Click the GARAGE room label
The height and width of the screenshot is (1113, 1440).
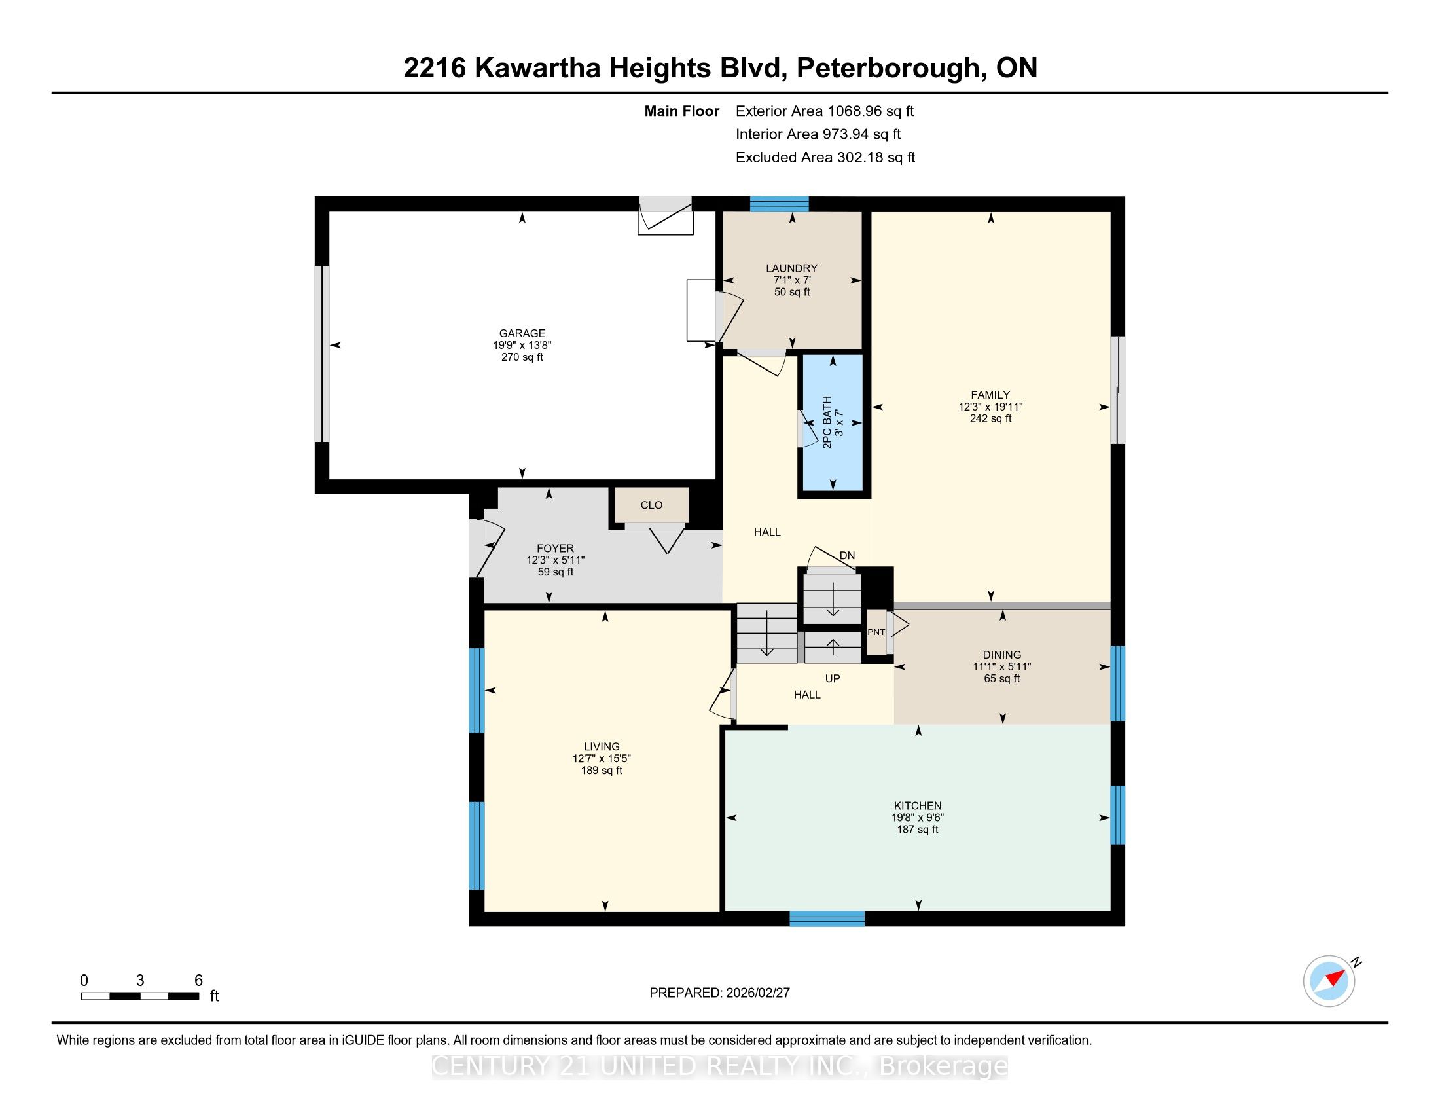coord(522,334)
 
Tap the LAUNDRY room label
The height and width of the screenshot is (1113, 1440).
coord(791,268)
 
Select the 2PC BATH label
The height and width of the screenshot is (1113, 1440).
coord(827,422)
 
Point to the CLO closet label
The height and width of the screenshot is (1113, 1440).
coord(651,505)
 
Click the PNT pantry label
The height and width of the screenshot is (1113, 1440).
coord(876,632)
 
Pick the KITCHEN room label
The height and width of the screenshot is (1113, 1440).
coord(917,806)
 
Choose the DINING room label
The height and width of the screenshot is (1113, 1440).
coord(1001,655)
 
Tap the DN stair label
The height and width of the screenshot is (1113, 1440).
coord(847,556)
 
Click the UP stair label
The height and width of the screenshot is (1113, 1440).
coord(833,678)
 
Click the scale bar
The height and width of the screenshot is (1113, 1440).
coord(140,996)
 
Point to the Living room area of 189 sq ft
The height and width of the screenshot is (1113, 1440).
coord(602,771)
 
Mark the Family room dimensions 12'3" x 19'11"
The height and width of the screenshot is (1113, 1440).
coord(990,407)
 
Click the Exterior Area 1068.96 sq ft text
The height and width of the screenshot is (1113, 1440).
coord(825,111)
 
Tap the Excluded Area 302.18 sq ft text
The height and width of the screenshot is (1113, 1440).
coord(825,158)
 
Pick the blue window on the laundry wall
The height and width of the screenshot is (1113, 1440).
coord(780,204)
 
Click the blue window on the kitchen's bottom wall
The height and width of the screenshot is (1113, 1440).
coord(827,919)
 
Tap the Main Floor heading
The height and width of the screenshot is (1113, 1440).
coord(682,111)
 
